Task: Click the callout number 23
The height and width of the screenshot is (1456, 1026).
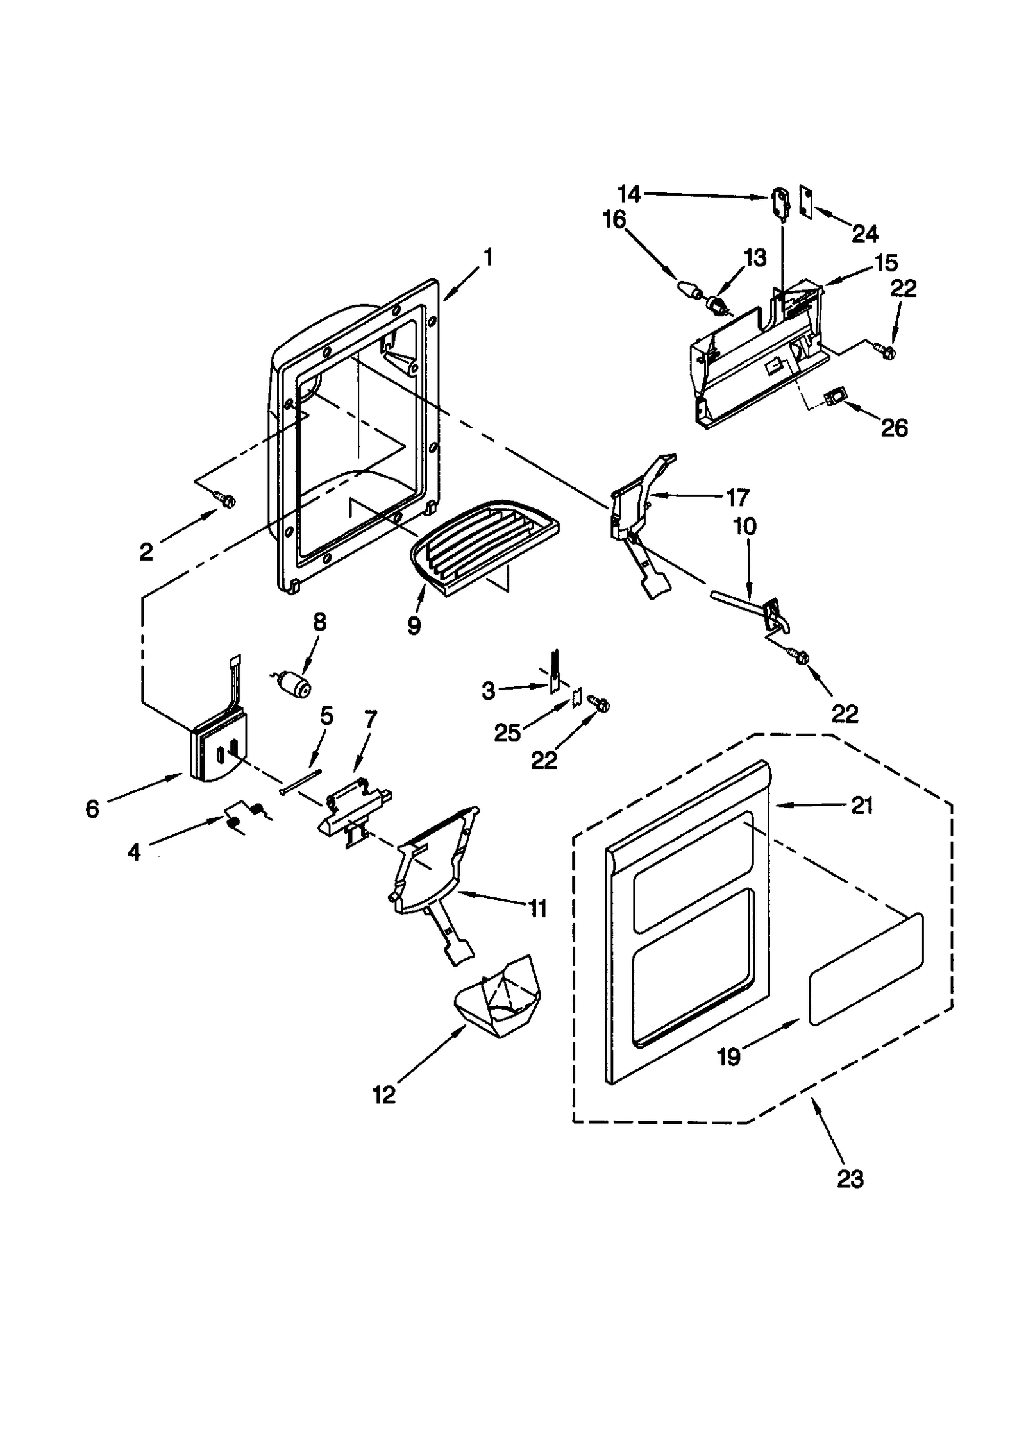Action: tap(850, 1178)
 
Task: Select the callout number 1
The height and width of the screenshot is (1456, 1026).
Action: tap(488, 257)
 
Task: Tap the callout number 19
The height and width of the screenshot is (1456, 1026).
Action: tap(728, 1056)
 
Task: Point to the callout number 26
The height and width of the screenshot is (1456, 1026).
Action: tap(894, 428)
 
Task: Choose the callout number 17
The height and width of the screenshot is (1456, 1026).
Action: tap(737, 497)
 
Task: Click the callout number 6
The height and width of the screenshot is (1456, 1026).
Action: tap(92, 809)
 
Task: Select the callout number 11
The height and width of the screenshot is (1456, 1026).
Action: tap(537, 908)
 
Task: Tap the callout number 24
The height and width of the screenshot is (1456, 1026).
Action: tap(864, 234)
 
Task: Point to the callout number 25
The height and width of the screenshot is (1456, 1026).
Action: tap(507, 733)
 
